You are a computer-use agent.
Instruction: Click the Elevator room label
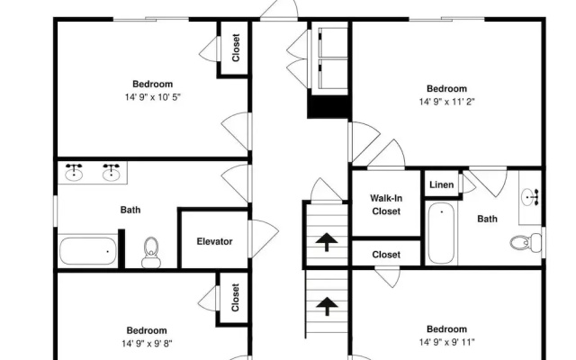214,241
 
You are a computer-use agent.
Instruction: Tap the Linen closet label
441,184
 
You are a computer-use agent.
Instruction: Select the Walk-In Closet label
386,204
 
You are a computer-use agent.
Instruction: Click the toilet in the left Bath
151,252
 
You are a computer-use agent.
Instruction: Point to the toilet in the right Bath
526,242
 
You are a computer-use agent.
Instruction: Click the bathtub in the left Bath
88,251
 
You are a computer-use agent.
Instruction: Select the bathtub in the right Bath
441,234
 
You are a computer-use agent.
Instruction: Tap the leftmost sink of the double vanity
74,172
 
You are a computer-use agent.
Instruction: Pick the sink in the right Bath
530,197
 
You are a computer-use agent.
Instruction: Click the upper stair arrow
327,242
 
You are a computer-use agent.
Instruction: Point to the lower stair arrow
327,306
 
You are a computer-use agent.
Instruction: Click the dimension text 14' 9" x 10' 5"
153,97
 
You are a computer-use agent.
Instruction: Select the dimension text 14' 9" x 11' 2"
446,102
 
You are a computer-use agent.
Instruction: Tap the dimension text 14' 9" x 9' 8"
147,344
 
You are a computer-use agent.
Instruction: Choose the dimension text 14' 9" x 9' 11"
446,342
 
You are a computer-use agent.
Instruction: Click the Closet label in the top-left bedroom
236,48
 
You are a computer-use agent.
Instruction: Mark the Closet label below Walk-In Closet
386,254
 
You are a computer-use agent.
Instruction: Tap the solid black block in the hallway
328,106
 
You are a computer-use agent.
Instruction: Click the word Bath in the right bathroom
487,219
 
